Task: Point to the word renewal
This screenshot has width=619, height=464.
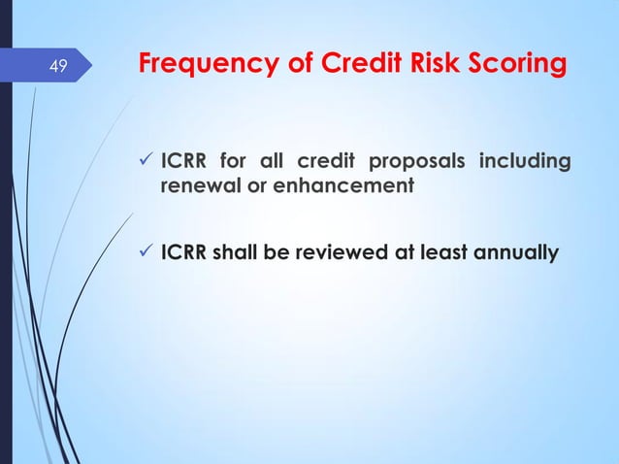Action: coord(194,184)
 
